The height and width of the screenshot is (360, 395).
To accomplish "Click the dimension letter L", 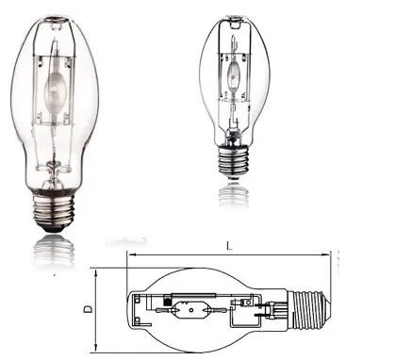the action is click(230, 246).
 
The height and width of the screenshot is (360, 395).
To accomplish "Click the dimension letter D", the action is click(89, 309).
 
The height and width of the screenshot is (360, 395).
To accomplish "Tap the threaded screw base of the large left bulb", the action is click(54, 209).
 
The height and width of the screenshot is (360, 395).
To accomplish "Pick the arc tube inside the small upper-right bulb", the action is click(234, 72).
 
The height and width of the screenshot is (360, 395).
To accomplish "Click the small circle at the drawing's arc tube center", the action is click(191, 310).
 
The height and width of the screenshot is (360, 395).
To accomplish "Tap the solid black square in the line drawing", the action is click(167, 302).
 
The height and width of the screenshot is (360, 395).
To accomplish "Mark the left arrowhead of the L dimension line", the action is click(130, 255).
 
